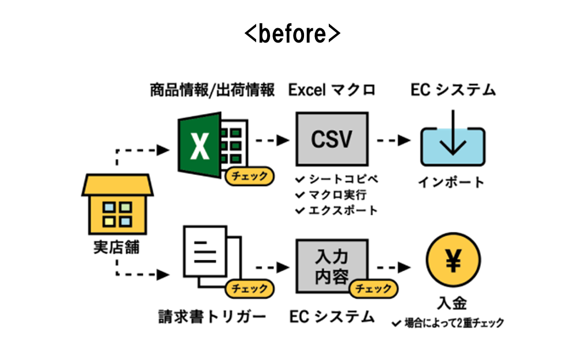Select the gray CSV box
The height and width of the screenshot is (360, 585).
[x=332, y=140]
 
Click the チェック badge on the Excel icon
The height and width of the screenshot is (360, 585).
[x=249, y=176]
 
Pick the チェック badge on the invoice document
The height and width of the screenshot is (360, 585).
[x=249, y=288]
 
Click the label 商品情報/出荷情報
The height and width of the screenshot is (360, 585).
[x=212, y=90]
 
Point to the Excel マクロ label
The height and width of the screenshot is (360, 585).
[x=332, y=90]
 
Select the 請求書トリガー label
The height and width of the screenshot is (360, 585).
[x=212, y=316]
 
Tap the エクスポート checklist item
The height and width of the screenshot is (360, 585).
[x=336, y=210]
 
